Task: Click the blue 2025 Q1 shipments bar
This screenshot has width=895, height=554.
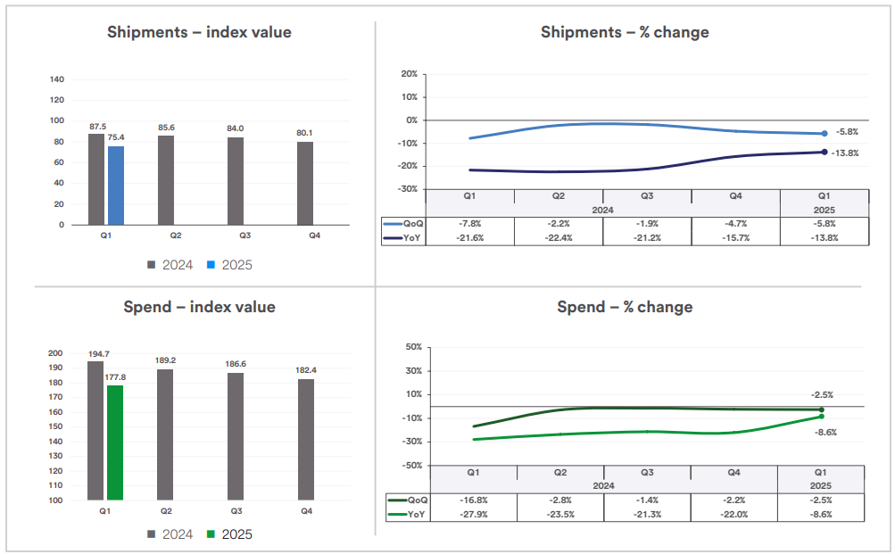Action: point(116,186)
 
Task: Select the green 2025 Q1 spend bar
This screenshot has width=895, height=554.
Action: point(115,442)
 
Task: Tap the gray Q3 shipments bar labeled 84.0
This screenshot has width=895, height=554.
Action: point(235,181)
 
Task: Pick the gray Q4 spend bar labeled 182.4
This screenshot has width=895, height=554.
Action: point(306,440)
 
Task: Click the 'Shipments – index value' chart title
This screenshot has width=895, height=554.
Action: point(199,32)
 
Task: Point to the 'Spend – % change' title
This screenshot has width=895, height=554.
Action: point(625,307)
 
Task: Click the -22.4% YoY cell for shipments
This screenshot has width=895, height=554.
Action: point(558,238)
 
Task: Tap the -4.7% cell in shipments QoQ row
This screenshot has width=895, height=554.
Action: point(735,225)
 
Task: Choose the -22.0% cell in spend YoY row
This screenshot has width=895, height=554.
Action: point(733,515)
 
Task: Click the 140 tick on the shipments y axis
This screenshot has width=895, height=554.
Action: point(57,79)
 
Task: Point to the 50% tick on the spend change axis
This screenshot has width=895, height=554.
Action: point(412,347)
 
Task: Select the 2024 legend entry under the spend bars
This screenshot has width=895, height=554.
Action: point(170,534)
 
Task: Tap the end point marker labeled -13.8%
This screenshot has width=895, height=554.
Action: point(824,152)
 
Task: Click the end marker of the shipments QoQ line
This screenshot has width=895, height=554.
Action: point(824,134)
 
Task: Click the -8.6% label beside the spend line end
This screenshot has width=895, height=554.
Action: point(825,432)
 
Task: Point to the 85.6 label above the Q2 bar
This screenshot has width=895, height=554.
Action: point(166,128)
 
